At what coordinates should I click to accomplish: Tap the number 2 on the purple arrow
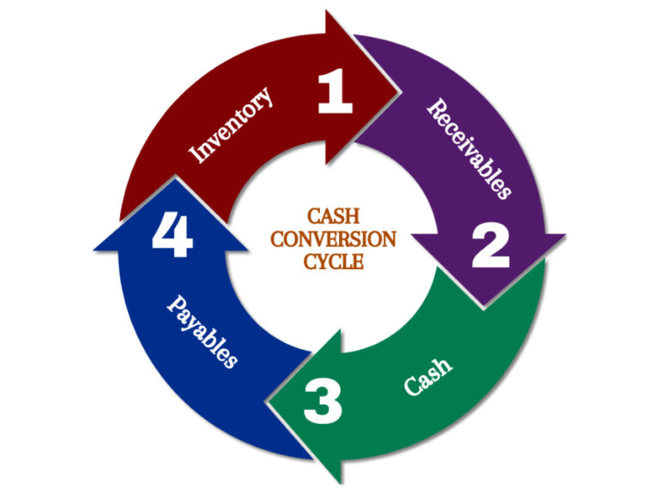[491, 246]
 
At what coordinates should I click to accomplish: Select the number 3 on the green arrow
[323, 401]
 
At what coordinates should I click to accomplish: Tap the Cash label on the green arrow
[427, 376]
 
